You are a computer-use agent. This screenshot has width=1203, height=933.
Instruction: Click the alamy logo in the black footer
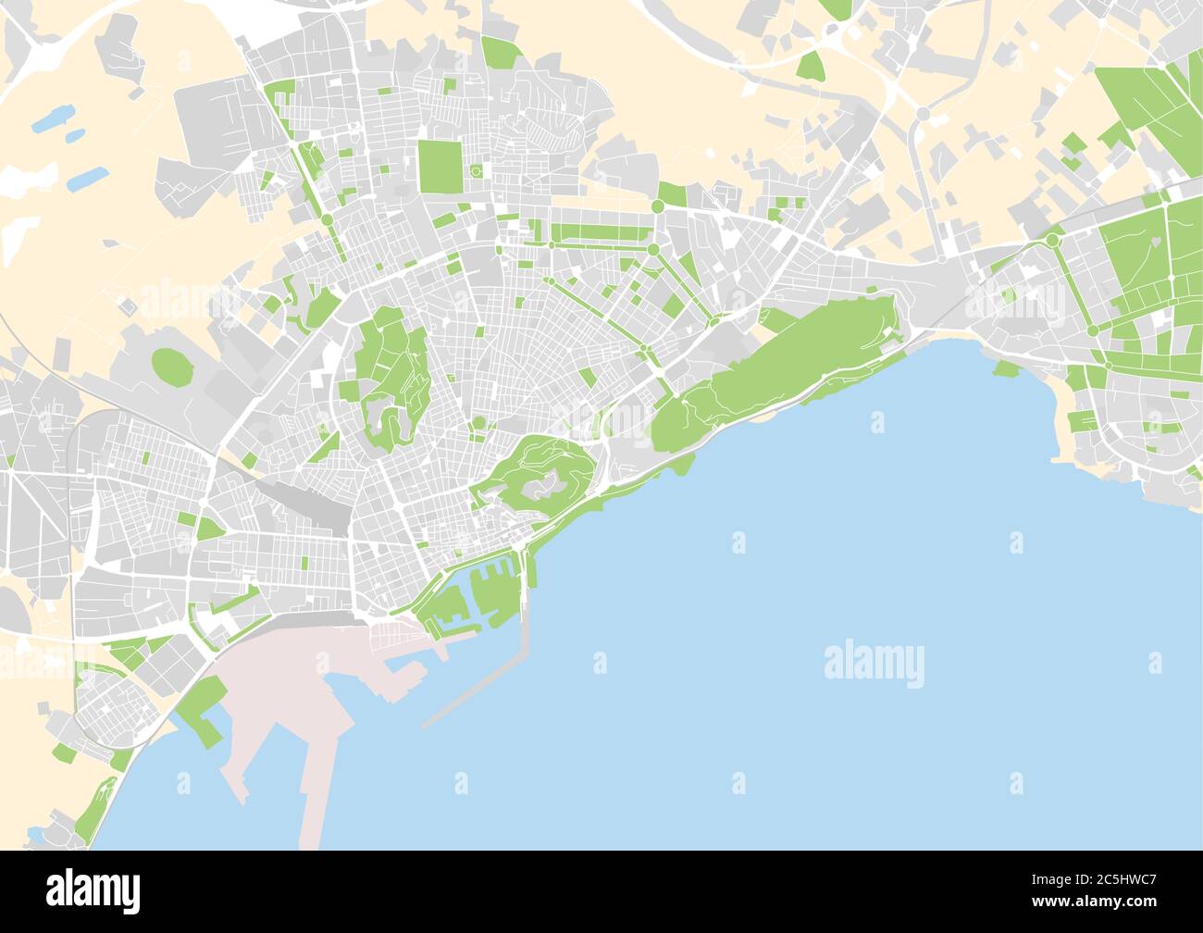[93, 889]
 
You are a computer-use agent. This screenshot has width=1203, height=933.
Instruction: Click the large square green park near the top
[433, 166]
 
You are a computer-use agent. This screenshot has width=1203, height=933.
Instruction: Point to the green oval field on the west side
[167, 364]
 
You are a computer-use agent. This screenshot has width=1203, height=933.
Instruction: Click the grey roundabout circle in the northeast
[923, 114]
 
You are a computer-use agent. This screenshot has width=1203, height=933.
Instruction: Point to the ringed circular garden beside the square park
[477, 171]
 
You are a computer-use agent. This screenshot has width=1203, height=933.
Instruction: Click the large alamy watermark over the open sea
[874, 664]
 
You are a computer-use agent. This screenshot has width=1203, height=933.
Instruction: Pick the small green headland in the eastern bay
[1005, 370]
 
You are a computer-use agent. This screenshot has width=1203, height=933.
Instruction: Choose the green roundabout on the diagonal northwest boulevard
[327, 219]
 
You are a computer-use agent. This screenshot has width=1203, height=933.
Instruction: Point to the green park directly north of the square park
[501, 53]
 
